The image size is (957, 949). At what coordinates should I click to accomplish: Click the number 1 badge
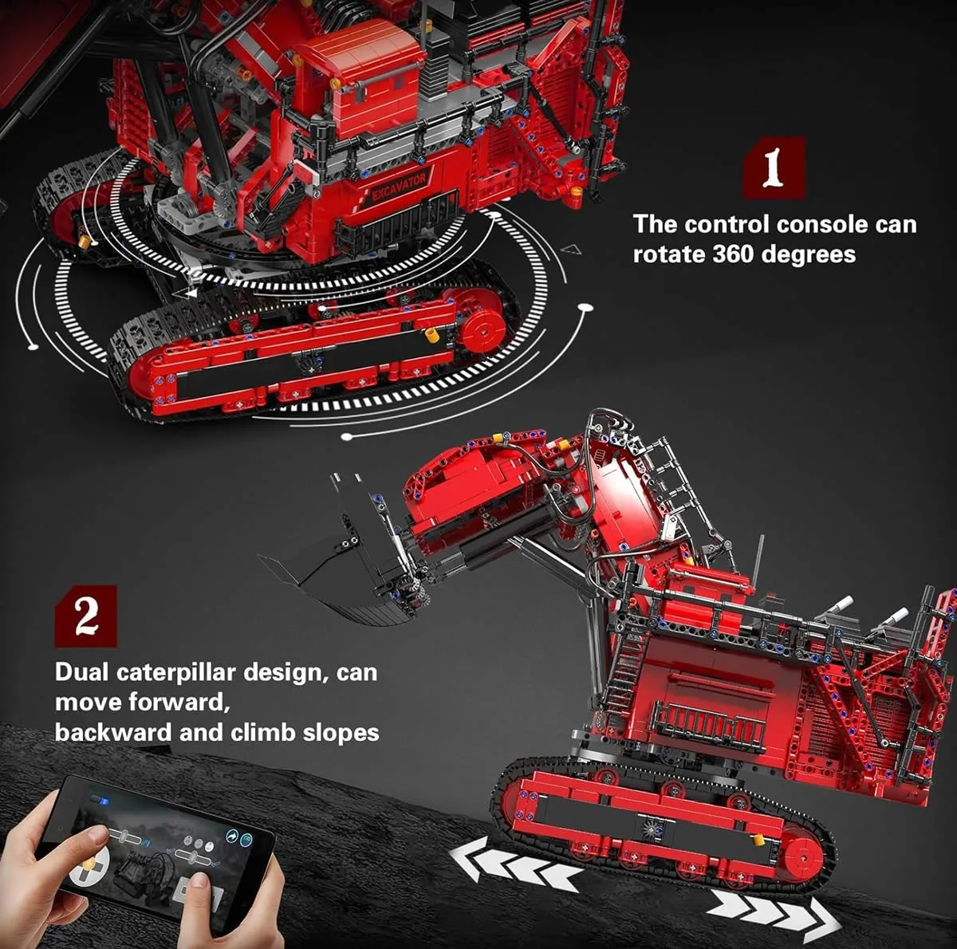click(x=774, y=168)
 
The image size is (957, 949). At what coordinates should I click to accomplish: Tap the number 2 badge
click(x=86, y=616)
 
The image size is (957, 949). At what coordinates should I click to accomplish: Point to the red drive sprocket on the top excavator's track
click(x=481, y=329)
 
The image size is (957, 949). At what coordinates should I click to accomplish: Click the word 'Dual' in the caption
click(x=81, y=672)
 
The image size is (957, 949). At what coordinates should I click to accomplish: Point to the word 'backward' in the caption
click(x=112, y=733)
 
